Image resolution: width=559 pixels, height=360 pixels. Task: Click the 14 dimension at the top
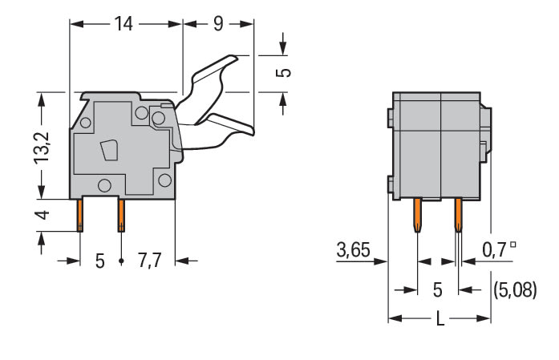click(123, 24)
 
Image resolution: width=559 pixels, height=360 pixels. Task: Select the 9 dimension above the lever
click(218, 24)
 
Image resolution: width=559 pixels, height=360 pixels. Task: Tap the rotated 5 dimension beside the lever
click(283, 73)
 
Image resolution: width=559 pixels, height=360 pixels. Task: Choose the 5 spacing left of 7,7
click(100, 261)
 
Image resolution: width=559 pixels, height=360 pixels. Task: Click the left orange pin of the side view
click(80, 215)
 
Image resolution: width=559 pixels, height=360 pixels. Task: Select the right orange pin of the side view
click(121, 215)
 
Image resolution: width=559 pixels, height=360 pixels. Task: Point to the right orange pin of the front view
click(458, 215)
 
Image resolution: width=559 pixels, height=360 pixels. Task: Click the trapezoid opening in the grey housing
click(108, 151)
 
